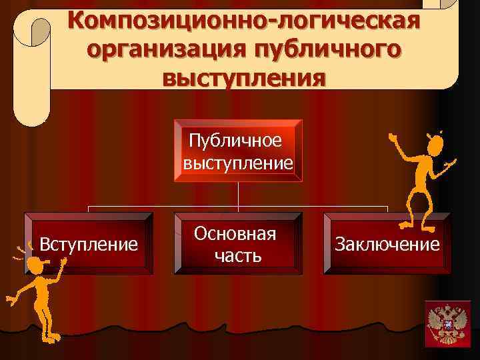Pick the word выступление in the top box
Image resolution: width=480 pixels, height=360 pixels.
[239, 162]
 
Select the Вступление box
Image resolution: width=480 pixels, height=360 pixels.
[89, 243]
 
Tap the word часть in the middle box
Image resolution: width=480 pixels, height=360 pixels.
[237, 255]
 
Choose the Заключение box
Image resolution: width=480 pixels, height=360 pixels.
[387, 243]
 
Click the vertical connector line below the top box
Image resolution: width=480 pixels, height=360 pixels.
[239, 197]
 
